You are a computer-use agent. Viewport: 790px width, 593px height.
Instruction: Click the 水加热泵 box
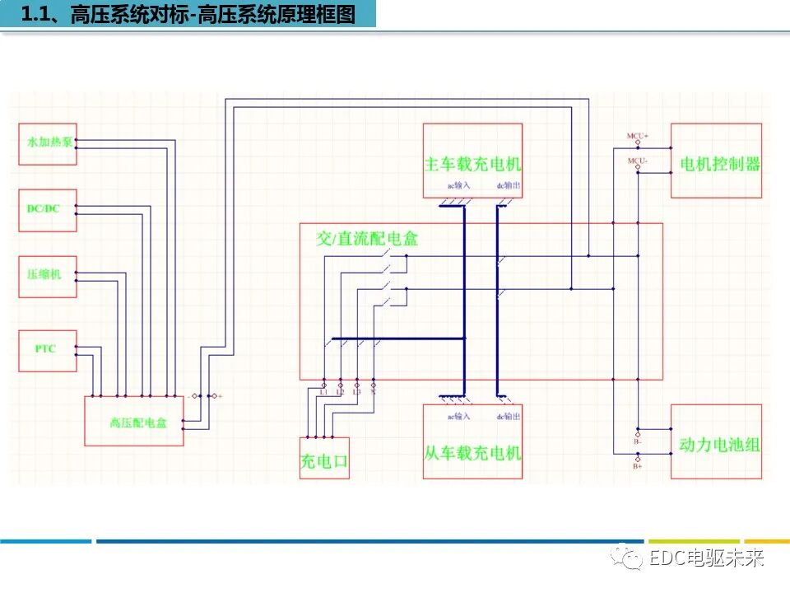[47, 143]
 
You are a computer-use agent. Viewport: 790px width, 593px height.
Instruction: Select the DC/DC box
[47, 209]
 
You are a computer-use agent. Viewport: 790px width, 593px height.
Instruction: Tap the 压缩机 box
[47, 276]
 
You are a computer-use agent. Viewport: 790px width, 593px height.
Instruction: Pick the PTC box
[47, 349]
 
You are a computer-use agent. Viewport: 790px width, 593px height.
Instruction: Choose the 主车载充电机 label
[473, 163]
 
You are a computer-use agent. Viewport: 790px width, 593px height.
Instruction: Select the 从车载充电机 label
[473, 452]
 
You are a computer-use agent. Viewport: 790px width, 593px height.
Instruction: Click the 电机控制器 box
[716, 161]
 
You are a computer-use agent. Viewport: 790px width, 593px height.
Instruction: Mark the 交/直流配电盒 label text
[368, 239]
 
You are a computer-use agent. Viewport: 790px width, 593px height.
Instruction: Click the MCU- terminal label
[638, 161]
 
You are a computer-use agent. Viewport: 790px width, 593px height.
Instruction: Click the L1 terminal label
[323, 392]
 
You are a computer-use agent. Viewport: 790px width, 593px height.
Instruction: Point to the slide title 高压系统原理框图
[280, 14]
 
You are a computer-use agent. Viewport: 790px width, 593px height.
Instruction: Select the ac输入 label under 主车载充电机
[458, 186]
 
